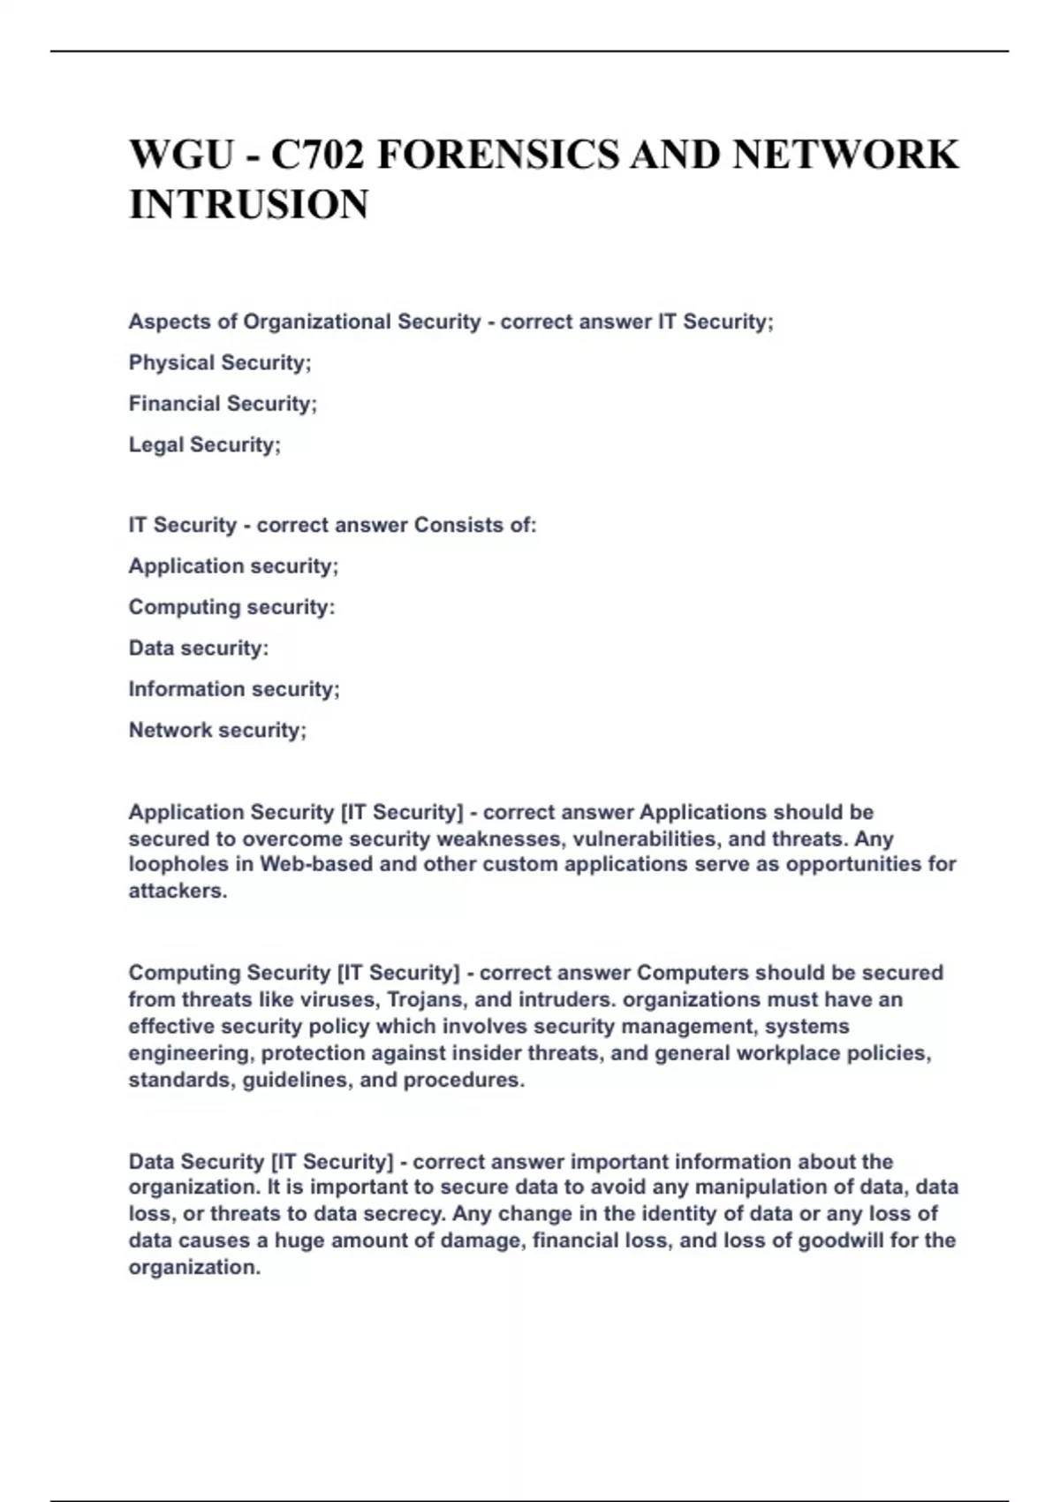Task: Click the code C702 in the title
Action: click(317, 156)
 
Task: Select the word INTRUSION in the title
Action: click(249, 205)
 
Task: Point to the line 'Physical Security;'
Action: click(220, 362)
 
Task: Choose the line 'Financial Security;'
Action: click(223, 404)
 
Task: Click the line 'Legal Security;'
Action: click(205, 444)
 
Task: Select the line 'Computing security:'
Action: click(231, 607)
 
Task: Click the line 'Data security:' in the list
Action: click(199, 648)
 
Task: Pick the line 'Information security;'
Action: click(234, 689)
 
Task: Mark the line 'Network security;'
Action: click(217, 730)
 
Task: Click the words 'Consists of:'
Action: click(475, 525)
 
